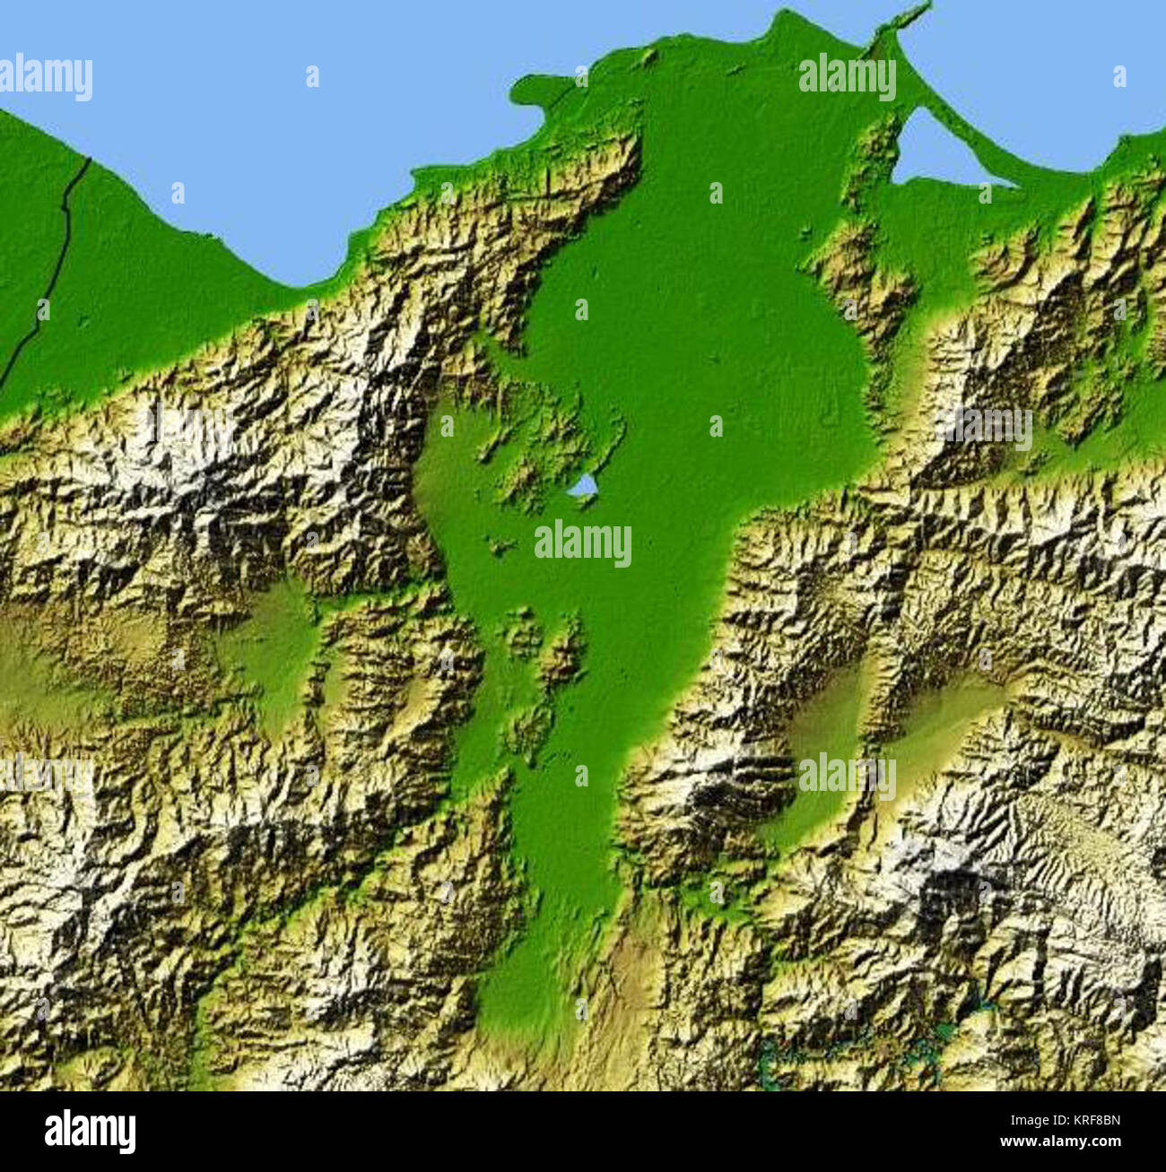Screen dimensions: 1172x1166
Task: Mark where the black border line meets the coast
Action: click(89, 161)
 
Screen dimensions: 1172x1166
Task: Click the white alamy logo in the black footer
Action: click(90, 1132)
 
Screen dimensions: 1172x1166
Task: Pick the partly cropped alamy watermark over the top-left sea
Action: click(45, 77)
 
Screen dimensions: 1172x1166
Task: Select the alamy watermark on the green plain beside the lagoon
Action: click(847, 77)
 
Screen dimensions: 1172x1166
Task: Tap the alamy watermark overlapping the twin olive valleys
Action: click(847, 776)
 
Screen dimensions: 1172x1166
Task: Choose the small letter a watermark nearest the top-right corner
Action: click(1118, 77)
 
